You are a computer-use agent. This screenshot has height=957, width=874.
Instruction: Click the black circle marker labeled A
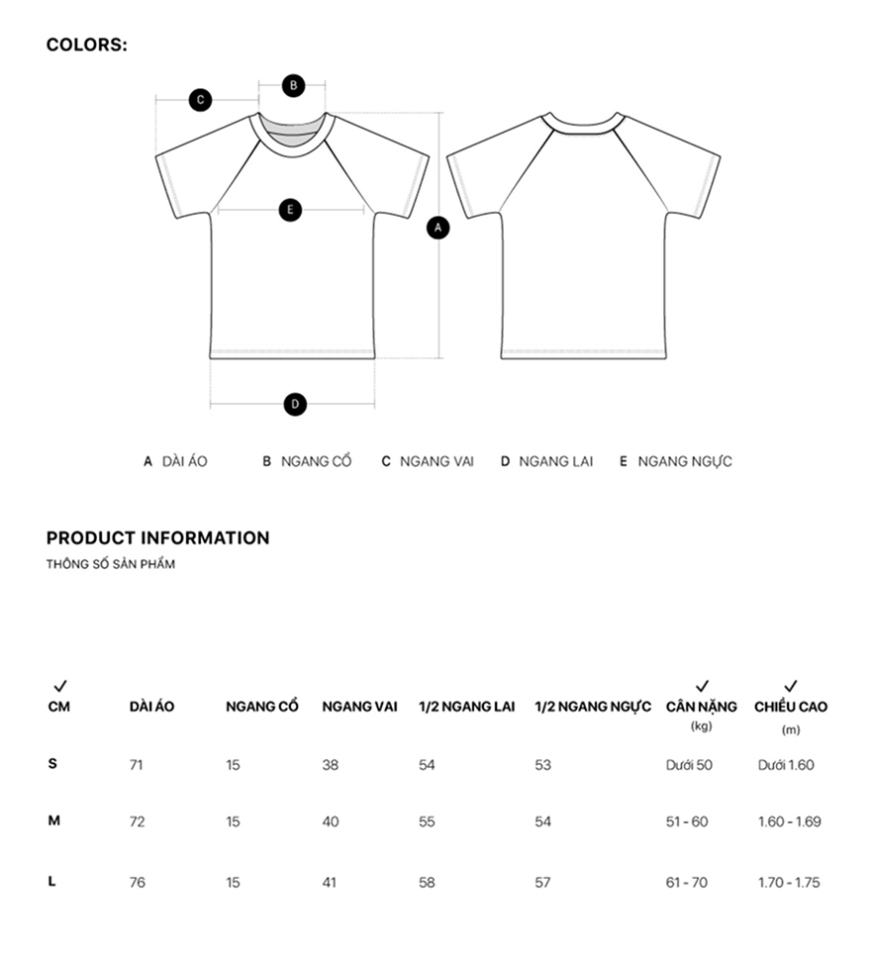coord(438,228)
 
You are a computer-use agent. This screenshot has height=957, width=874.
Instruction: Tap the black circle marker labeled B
coord(293,85)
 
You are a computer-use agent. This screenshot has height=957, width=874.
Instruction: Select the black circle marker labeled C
coord(200,99)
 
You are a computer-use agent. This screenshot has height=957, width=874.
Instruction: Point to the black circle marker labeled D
coord(294,404)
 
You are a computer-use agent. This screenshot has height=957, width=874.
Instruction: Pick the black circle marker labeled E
coord(290,210)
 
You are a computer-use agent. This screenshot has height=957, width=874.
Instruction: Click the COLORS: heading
coord(87,45)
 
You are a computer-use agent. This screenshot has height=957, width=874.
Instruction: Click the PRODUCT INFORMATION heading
coord(157,538)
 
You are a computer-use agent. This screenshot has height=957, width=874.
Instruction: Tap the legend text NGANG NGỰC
coord(685,461)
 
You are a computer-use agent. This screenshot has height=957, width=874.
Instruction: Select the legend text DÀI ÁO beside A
coord(184,461)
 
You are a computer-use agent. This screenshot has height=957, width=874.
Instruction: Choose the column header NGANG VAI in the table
coord(359,707)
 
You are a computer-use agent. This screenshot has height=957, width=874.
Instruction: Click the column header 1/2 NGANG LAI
coord(466,707)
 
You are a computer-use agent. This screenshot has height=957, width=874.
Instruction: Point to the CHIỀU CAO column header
coord(791,707)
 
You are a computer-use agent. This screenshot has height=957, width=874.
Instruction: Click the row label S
coord(52,763)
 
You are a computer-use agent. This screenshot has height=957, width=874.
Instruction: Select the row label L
coord(52,881)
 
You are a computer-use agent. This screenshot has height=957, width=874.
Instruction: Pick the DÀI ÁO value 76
coord(137,882)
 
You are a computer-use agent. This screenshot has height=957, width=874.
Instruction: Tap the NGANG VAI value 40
coord(330,821)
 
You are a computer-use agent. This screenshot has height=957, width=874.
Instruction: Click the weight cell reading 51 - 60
coord(687,821)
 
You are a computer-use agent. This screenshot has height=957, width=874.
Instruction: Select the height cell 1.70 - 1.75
coord(789,882)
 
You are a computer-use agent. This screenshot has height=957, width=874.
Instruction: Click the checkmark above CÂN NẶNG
coord(702,686)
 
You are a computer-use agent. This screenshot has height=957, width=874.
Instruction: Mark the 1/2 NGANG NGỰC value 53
coord(542,765)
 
